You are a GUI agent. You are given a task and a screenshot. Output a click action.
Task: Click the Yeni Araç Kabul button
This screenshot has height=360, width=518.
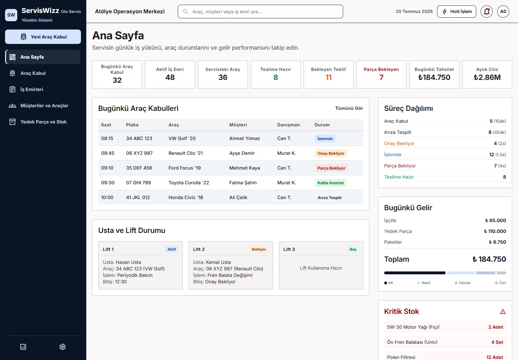tap(43, 37)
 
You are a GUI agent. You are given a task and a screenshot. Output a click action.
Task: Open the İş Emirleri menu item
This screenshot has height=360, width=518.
tap(32, 89)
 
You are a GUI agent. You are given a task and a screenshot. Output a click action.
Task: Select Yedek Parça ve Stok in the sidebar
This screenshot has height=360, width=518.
tap(44, 122)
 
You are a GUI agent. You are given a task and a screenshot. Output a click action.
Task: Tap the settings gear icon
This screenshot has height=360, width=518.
tap(63, 347)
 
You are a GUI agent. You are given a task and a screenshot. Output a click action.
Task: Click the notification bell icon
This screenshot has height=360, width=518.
tap(487, 12)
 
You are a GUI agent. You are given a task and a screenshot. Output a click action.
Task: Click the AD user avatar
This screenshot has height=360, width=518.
tap(503, 12)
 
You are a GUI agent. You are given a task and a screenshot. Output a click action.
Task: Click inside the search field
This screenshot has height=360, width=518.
tap(260, 12)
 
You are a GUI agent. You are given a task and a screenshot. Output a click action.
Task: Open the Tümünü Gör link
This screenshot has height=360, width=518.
tap(349, 108)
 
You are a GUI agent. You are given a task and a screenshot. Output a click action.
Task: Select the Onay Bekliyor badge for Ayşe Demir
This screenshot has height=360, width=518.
tap(331, 153)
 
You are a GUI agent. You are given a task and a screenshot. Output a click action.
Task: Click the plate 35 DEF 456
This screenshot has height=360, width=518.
tap(139, 168)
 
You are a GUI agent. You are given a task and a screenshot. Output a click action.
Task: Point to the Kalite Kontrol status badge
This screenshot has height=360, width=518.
tap(330, 183)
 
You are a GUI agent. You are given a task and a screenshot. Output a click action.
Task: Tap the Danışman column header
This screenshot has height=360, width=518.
tap(288, 125)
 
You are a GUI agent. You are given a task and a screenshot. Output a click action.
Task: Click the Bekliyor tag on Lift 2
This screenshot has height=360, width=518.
tap(259, 249)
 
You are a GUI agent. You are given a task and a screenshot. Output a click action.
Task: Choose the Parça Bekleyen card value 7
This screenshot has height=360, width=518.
tap(381, 77)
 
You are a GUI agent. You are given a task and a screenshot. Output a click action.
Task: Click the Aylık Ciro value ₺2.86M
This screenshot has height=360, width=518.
tap(487, 77)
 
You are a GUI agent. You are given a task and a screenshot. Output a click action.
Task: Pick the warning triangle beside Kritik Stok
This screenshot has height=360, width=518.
tap(503, 312)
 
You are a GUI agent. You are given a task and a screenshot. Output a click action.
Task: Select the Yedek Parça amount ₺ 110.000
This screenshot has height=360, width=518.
tap(495, 231)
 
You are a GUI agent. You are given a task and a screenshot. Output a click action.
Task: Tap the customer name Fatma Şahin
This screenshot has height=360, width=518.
tap(243, 183)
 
